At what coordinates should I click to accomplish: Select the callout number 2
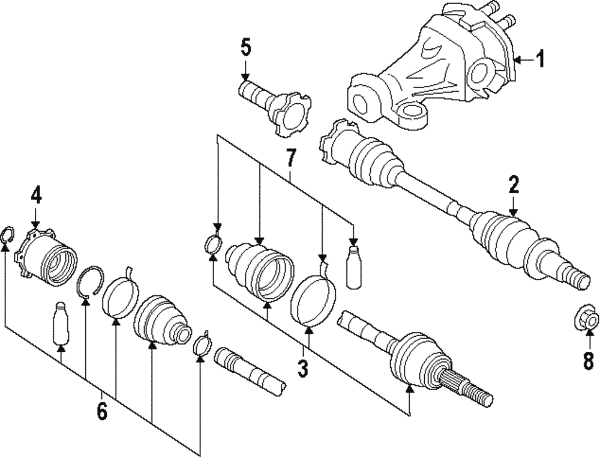tap(514, 185)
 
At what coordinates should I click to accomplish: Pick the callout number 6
tap(101, 411)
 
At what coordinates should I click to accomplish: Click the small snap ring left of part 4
tap(7, 235)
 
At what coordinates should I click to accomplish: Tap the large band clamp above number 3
tap(314, 299)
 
